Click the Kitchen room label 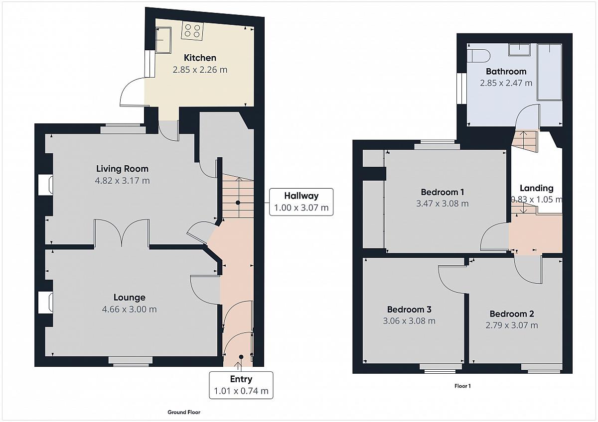tap(200, 58)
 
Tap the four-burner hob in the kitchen tap(192, 30)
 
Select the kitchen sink tap(163, 40)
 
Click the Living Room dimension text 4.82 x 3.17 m tap(122, 181)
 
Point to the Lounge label tap(130, 297)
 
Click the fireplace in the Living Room tap(46, 185)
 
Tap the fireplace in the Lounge tap(46, 302)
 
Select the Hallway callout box tap(301, 202)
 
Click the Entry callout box tap(241, 385)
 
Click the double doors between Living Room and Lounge tap(122, 231)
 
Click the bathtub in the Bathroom tap(549, 72)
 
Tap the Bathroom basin tap(519, 50)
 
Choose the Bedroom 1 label tap(443, 192)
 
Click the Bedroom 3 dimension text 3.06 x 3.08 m tap(409, 320)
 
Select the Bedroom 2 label tap(511, 314)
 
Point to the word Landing tap(536, 188)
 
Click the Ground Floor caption tap(184, 412)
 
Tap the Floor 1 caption tap(462, 386)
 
